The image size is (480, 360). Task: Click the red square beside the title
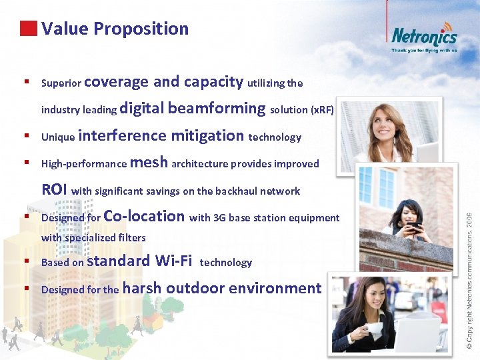click(x=27, y=29)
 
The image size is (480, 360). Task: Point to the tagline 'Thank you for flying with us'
click(x=424, y=50)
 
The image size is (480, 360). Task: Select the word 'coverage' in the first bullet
click(x=117, y=82)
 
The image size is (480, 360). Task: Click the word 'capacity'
click(x=213, y=81)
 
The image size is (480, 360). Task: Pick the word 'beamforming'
click(x=217, y=108)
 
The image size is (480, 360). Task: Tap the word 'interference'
click(x=123, y=136)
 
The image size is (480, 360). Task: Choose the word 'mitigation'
click(x=207, y=136)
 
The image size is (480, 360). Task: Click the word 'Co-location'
click(x=145, y=216)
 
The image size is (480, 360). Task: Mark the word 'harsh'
click(x=142, y=288)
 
